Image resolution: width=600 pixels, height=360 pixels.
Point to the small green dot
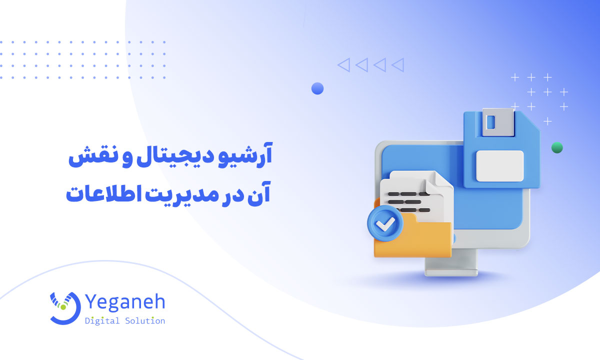(557, 147)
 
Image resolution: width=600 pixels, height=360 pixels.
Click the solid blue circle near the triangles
(317, 88)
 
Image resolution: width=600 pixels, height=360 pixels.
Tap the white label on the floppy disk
(499, 165)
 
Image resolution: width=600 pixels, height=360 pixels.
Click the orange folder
(415, 240)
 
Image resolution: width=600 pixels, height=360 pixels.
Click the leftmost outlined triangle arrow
(344, 65)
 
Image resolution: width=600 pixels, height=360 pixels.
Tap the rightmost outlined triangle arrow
(398, 65)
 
